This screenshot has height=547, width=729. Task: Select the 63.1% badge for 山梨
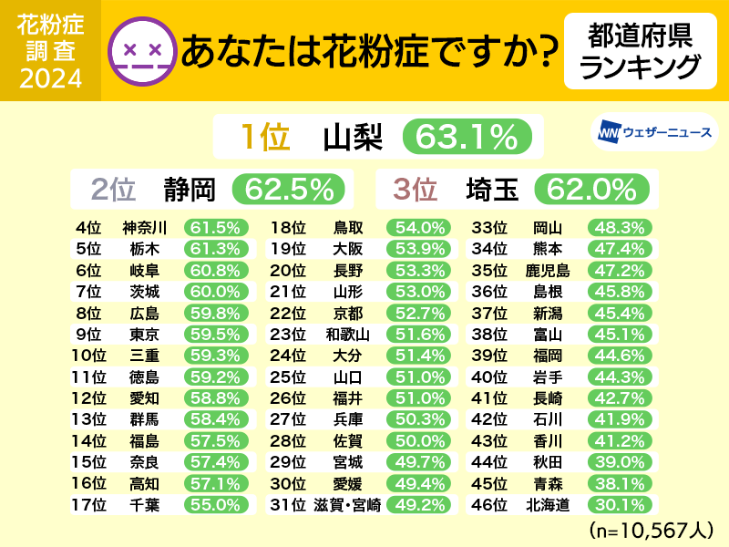click(466, 137)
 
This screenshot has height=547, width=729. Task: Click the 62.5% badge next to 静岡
click(289, 189)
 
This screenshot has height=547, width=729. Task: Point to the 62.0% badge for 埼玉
click(593, 189)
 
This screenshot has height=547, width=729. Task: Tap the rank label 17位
click(89, 502)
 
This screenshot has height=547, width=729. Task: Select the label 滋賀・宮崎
click(346, 502)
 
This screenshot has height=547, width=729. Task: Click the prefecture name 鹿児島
click(547, 270)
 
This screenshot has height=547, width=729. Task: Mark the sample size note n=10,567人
click(650, 530)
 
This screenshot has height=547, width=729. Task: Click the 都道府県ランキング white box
click(633, 51)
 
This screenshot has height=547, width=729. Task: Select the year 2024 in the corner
click(50, 77)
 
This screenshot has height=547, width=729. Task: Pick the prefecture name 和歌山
click(347, 334)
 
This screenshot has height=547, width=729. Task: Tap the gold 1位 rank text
click(264, 137)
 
